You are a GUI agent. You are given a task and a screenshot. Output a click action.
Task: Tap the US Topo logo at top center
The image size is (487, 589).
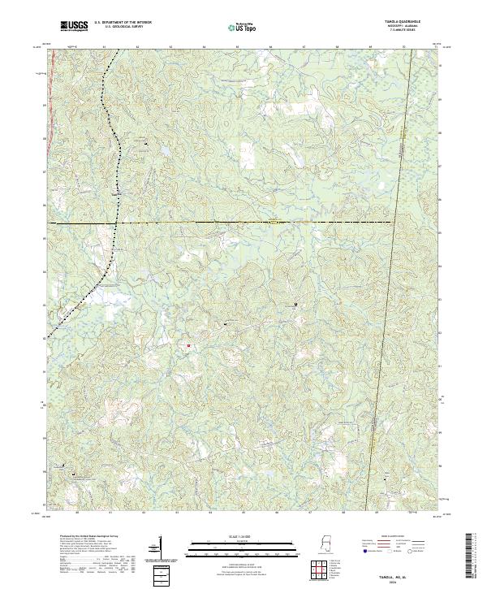tap(243, 28)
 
